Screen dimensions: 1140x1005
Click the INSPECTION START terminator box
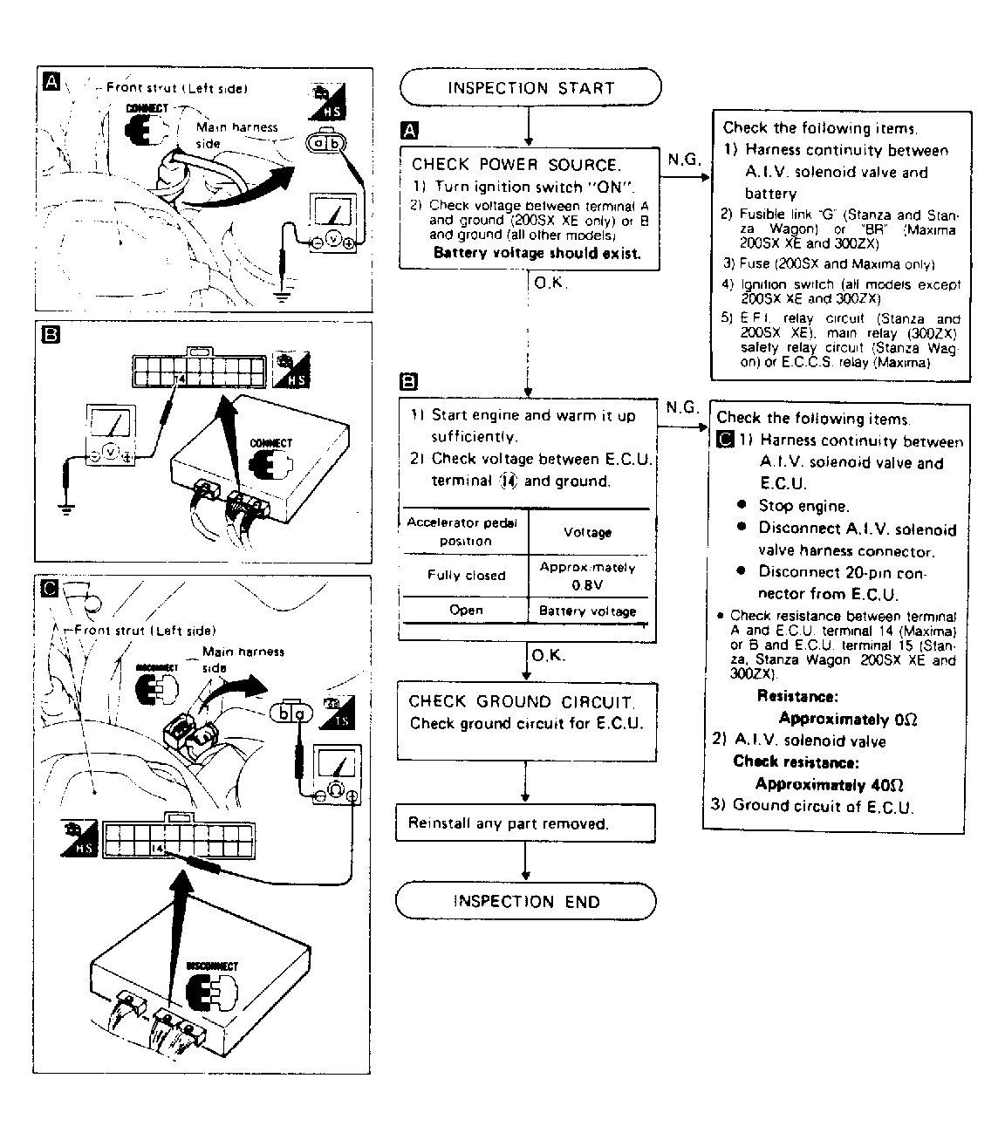530,88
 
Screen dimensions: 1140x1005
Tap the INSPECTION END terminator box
526,902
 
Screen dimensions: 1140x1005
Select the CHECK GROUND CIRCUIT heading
522,702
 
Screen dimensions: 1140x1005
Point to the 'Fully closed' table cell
466,576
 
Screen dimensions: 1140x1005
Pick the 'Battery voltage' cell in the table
588,611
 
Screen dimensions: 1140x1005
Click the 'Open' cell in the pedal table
466,611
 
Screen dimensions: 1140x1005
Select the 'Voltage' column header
588,532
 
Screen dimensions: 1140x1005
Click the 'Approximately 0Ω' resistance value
847,719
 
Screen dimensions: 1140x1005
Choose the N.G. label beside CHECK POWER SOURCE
684,160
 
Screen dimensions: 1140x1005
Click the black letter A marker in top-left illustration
51,82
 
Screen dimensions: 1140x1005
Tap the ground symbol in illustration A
281,295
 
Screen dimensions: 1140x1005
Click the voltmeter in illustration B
109,433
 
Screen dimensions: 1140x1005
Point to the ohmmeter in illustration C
337,775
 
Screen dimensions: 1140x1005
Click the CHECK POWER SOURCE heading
516,164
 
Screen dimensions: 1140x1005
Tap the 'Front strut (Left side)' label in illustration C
144,630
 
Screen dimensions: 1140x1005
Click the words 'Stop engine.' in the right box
803,506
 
